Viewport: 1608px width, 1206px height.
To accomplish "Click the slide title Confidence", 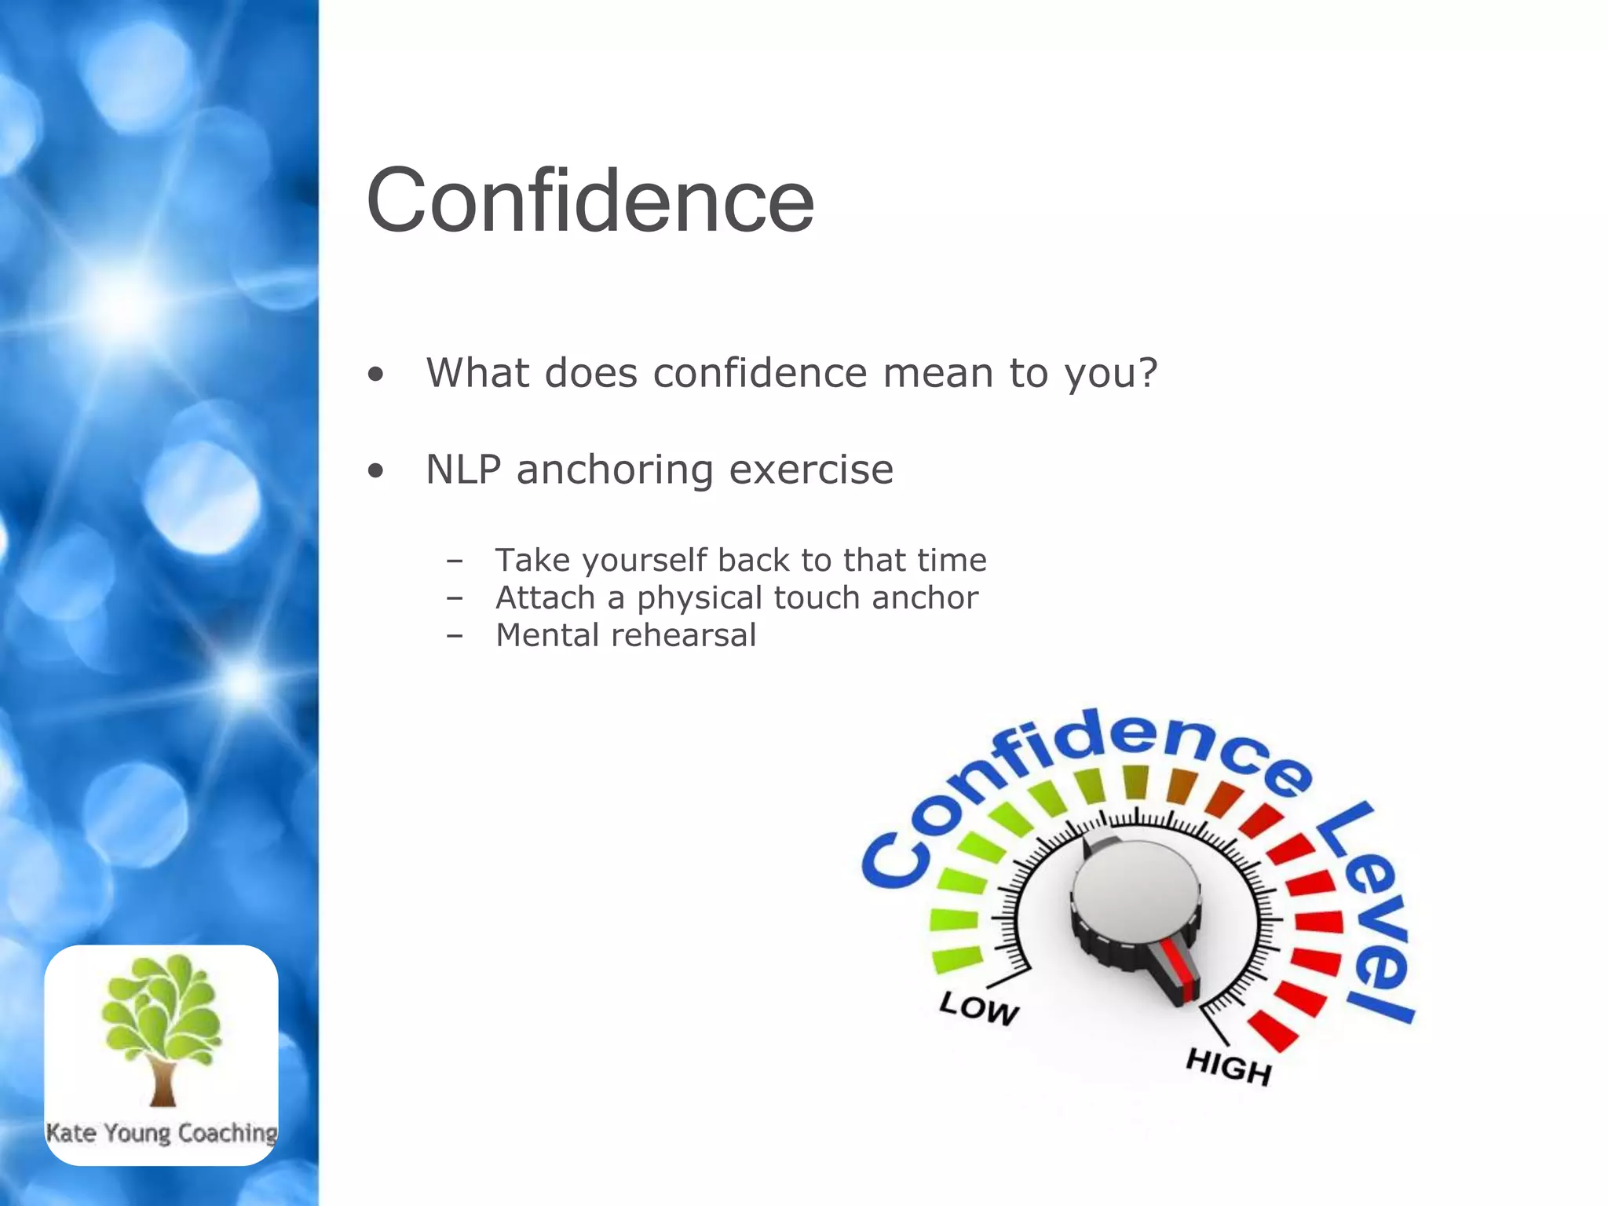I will (x=590, y=201).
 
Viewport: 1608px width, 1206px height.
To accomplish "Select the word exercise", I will (x=811, y=470).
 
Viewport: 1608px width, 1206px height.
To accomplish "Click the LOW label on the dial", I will (x=979, y=1007).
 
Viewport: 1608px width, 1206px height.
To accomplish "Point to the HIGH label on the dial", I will (x=1228, y=1066).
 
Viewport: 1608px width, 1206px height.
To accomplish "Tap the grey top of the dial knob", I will (x=1135, y=891).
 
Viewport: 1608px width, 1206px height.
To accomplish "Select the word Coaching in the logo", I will (x=228, y=1133).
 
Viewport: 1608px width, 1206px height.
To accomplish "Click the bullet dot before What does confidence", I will (x=376, y=375).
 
